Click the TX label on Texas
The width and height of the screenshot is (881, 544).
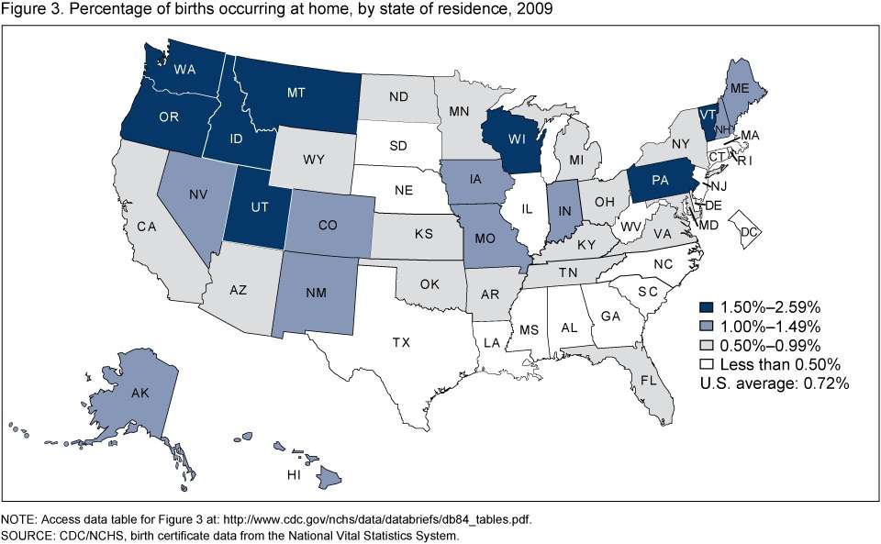pyautogui.click(x=401, y=342)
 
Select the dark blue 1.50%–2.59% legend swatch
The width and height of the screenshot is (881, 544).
pyautogui.click(x=706, y=306)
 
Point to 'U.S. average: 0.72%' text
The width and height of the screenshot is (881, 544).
pyautogui.click(x=775, y=383)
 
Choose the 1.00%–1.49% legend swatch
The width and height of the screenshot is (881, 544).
pyautogui.click(x=706, y=326)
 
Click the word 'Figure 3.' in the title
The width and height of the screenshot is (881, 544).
pyautogui.click(x=29, y=9)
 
